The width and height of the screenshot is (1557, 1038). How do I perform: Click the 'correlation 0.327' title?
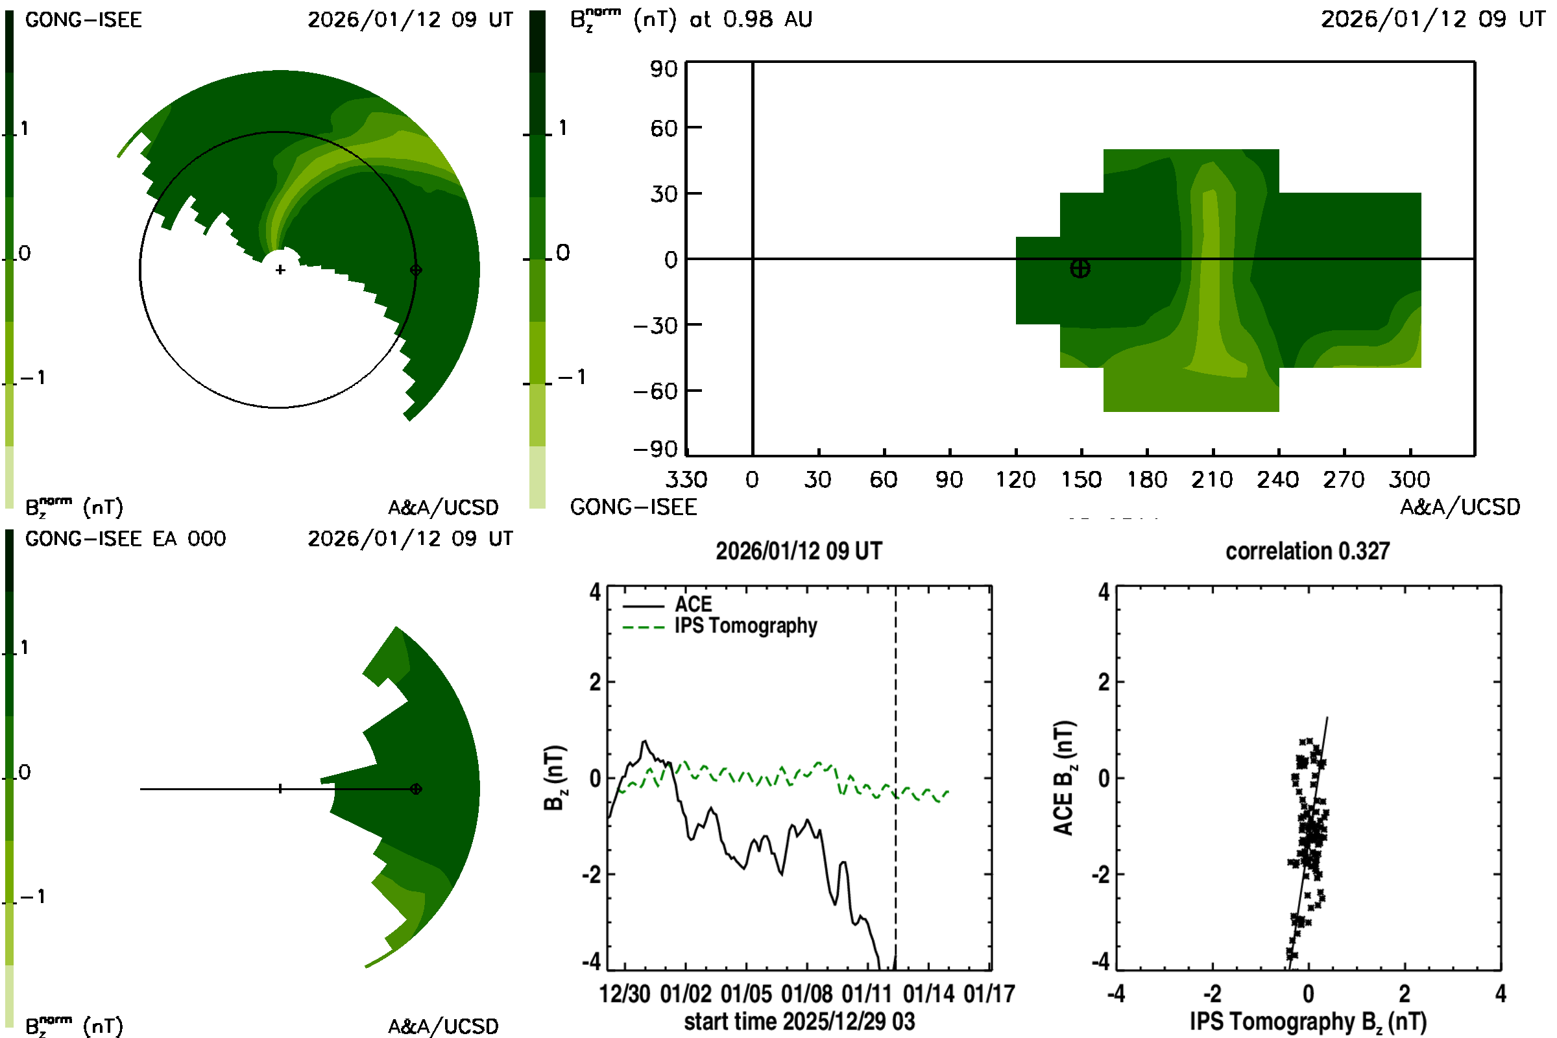coord(1307,551)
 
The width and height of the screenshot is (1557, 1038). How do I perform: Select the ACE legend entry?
coord(692,605)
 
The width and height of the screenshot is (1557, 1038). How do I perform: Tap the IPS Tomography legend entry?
coord(745,625)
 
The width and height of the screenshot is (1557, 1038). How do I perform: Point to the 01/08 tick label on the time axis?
coord(806,995)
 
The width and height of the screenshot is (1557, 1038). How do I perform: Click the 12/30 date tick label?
coord(624,995)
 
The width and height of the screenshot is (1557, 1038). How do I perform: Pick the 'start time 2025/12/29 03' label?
coord(799,1021)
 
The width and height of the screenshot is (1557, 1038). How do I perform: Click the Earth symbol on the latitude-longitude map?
coord(1080,268)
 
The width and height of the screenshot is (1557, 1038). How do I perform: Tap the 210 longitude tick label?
coord(1212,479)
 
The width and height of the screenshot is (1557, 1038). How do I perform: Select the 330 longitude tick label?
coord(686,479)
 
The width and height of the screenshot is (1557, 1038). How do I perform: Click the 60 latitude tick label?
coord(663,128)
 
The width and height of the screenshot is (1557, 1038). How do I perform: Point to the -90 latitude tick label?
coord(655,450)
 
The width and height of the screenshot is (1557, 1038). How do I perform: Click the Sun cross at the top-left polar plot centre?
coord(280,270)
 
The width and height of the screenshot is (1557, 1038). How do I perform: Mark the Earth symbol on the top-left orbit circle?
coord(416,270)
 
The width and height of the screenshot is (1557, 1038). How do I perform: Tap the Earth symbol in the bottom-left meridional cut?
coord(416,789)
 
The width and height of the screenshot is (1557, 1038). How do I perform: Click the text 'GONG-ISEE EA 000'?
coord(125,539)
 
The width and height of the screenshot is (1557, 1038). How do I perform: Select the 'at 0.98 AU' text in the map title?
coord(750,19)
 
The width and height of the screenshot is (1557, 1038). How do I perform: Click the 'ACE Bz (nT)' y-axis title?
coord(1063,779)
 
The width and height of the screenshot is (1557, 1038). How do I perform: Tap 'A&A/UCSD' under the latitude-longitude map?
coord(1460,507)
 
